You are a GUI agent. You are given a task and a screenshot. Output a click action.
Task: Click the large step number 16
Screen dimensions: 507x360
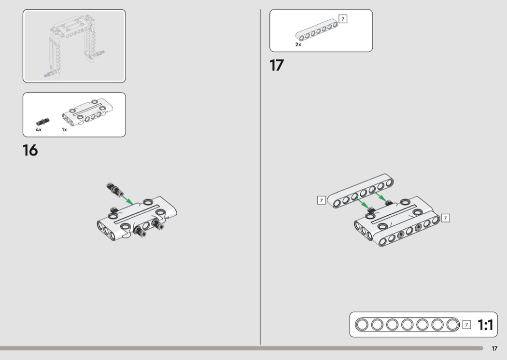coord(30,150)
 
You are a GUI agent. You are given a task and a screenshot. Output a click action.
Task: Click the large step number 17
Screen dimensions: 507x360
coord(277,65)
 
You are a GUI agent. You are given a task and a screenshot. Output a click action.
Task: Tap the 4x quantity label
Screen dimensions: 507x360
coord(39,130)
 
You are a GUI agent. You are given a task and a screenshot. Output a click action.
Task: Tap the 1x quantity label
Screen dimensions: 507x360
coord(64,130)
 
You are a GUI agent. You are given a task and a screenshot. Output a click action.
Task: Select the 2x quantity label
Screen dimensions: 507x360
coord(298,44)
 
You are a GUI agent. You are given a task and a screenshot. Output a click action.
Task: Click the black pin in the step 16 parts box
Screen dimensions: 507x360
coord(42,122)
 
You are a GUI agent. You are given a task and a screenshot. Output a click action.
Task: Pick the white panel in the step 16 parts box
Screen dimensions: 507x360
coord(87,112)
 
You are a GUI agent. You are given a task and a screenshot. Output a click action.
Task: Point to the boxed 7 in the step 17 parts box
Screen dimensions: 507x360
coord(343,19)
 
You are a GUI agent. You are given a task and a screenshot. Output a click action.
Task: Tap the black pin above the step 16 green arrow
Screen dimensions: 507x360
coord(114,189)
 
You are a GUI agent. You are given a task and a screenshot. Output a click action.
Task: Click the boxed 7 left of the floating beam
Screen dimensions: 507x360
coord(322,200)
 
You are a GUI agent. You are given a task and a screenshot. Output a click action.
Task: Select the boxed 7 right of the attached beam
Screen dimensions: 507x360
coord(445,218)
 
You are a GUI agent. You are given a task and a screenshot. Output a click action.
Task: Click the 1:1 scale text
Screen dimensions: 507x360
coord(485,325)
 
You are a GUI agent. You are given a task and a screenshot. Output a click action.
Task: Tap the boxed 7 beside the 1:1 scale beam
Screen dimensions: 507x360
coord(466,324)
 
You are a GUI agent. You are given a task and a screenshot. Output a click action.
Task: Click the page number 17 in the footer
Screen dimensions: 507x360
coord(494,348)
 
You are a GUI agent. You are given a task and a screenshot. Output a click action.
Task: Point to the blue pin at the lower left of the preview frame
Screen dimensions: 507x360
coord(48,75)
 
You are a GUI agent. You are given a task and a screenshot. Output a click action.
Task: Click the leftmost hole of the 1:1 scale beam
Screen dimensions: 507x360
coord(362,324)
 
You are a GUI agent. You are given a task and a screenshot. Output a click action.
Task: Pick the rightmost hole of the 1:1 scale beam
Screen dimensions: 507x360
coord(452,324)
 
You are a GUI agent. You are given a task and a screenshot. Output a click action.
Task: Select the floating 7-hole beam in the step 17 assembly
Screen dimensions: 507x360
coord(361,191)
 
